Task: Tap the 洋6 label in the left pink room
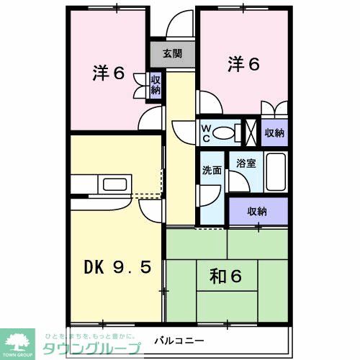109,73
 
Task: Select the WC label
205,132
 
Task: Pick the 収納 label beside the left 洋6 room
156,84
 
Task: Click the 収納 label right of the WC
274,132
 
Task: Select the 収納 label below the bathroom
258,211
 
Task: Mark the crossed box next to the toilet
251,132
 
